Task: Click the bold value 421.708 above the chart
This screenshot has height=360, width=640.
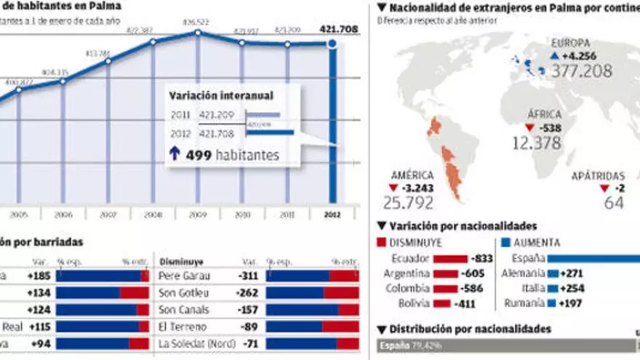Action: [x=338, y=30]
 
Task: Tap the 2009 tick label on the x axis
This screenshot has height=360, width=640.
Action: [x=197, y=215]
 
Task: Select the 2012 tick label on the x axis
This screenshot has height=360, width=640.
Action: [x=332, y=215]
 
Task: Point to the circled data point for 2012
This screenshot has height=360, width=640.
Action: [x=332, y=44]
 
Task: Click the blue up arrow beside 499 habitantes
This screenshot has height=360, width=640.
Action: [x=175, y=154]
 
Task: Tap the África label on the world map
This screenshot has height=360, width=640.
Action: [x=545, y=115]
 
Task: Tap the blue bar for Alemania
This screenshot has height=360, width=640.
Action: [x=552, y=273]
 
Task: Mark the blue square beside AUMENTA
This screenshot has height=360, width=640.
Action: [x=506, y=242]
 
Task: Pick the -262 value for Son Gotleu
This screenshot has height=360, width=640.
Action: [x=249, y=292]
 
